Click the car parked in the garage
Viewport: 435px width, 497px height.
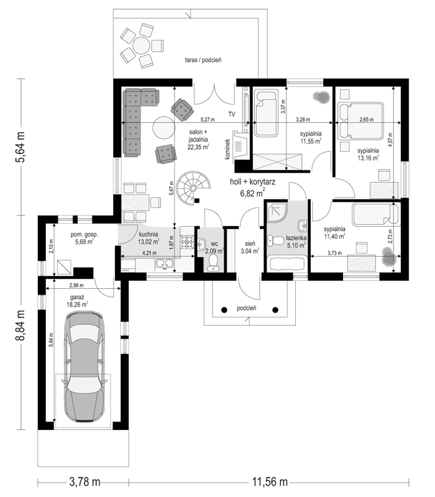(x=85, y=367)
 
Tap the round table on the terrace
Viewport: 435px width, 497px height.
(x=141, y=46)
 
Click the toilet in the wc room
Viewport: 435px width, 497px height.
(x=213, y=263)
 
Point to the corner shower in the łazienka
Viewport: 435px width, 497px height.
(x=277, y=211)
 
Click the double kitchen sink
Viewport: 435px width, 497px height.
(x=164, y=263)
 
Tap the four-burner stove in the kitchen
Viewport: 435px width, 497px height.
(x=187, y=242)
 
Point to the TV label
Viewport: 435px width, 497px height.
(x=232, y=114)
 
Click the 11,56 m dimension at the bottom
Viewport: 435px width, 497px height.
(x=270, y=482)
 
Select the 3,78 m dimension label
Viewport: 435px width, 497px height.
(x=85, y=482)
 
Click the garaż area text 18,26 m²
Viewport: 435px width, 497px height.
(x=77, y=304)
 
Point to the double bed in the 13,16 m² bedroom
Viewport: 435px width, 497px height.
(x=361, y=121)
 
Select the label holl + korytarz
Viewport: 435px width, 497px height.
(x=252, y=181)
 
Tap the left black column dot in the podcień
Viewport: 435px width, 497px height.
(x=224, y=309)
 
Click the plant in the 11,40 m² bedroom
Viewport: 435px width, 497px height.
(x=389, y=257)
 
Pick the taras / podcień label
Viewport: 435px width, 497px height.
(x=203, y=60)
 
